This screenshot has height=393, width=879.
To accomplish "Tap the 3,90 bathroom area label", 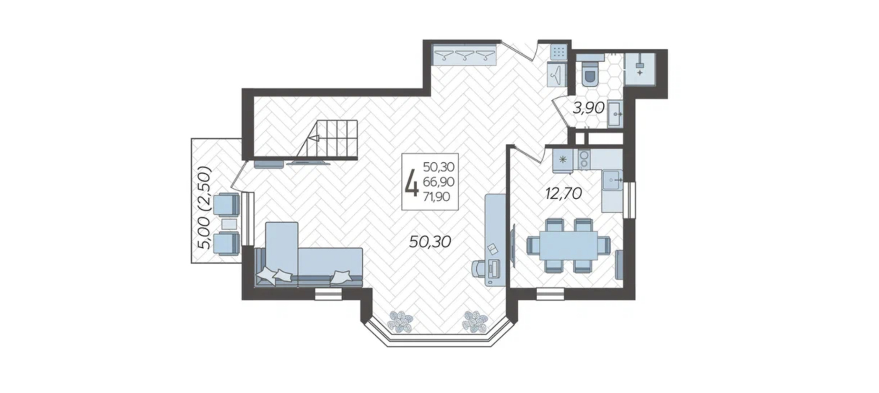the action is coord(589,108).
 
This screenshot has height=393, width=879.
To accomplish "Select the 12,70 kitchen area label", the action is coord(563,193).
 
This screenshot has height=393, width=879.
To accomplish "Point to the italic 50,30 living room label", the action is coord(430,242).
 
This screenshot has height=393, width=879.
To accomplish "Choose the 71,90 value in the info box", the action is coord(436,196).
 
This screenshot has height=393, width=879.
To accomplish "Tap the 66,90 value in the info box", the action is coord(439,182).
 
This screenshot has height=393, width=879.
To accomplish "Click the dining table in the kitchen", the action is coord(568,245).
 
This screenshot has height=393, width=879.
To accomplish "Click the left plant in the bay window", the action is coord(401,321).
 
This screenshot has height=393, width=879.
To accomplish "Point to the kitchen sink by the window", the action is coord(613,180).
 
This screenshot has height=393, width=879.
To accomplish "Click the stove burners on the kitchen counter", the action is coord(584,160).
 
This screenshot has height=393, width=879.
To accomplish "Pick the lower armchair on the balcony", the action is coord(226,244).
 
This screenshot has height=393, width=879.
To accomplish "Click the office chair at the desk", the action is coord(479,268).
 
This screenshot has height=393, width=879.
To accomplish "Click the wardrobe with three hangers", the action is coord(464,56).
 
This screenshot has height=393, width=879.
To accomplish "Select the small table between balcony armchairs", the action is coord(229,224).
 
